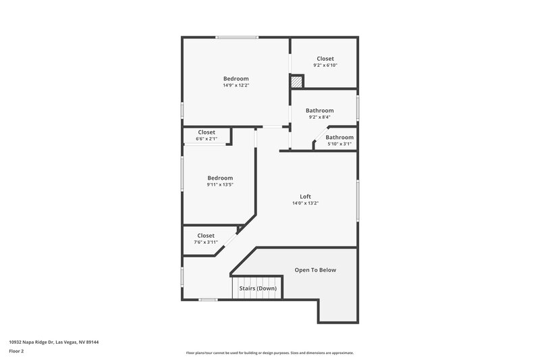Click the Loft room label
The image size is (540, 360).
[x=305, y=197]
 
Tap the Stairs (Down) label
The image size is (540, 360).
[x=257, y=288]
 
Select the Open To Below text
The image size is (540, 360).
[x=315, y=270]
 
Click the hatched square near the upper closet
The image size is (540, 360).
[x=296, y=81]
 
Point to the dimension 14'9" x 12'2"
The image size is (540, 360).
[x=236, y=86]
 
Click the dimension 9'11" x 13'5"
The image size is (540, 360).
[x=220, y=185]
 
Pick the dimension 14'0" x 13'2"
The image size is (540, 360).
[x=305, y=203]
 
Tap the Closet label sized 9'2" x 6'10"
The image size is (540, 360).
[x=325, y=59]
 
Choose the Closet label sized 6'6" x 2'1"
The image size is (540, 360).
[x=207, y=132]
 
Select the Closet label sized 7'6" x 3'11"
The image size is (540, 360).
[x=206, y=236]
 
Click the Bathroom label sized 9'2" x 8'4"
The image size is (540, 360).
[x=319, y=110]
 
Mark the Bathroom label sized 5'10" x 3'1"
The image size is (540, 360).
[x=339, y=137]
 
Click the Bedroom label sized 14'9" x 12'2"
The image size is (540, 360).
[x=236, y=78]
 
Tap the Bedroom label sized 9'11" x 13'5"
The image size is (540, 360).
[x=220, y=178]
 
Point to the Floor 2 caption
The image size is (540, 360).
[x=17, y=351]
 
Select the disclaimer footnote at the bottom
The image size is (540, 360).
[x=270, y=353]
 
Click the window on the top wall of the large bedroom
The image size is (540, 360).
[x=236, y=38]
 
